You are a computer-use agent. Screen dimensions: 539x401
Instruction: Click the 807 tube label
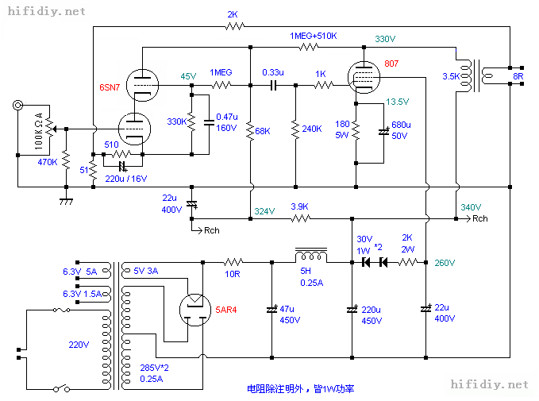coord(391,64)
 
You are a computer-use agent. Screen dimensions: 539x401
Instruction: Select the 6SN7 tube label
coord(110,87)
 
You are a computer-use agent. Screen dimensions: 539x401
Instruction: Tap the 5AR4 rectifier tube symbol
coord(195,310)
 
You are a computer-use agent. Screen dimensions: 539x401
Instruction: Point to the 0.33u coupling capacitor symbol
coord(273,85)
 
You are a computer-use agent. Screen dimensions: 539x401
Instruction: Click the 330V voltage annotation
coord(385,39)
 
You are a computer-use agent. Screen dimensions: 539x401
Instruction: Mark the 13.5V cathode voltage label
coord(397,102)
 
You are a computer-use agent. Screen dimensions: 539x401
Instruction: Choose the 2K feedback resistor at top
coord(235,26)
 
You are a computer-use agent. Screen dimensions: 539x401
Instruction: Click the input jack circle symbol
coord(18,105)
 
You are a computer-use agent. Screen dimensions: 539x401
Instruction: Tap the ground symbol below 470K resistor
coord(66,201)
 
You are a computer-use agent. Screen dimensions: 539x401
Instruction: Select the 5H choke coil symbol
coord(311,255)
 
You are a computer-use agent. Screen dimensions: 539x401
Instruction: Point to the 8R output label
coord(518,76)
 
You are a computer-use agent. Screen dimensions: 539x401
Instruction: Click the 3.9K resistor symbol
coord(301,218)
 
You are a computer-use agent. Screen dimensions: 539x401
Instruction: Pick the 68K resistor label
coord(263,131)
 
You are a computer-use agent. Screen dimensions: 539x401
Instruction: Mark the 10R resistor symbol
coord(233,262)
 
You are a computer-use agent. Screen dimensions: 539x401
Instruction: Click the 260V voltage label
coord(445,263)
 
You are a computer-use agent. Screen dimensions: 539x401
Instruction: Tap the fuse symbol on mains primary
coord(62,310)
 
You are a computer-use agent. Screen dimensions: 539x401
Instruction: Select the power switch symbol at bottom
coord(62,388)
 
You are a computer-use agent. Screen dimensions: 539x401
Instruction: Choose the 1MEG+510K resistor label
coord(313,36)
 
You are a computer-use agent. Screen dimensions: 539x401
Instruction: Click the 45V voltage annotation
coord(188,76)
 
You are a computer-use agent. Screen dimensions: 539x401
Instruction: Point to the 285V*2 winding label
coord(154,368)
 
